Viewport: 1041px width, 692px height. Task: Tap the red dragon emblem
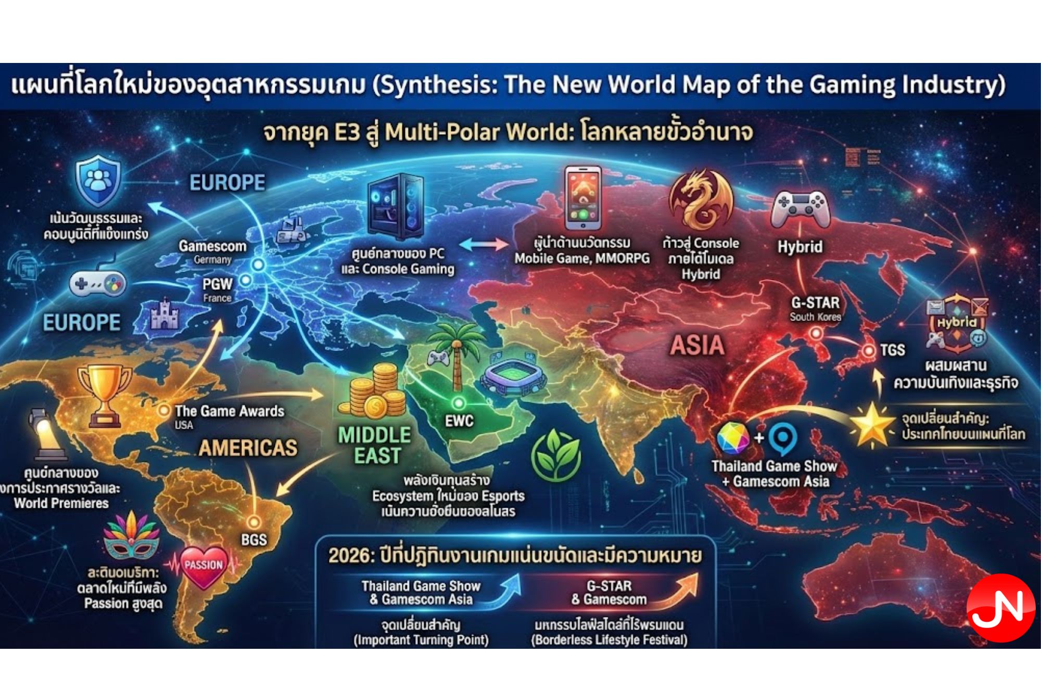click(x=701, y=201)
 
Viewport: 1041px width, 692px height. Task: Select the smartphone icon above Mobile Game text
click(x=583, y=198)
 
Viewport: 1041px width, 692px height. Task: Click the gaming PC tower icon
click(x=396, y=206)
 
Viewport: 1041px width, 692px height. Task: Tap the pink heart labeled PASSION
click(x=204, y=567)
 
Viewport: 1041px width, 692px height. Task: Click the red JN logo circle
click(x=1000, y=607)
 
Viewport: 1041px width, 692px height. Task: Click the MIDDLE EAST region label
click(x=375, y=445)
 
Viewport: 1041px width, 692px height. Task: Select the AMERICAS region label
click(x=248, y=448)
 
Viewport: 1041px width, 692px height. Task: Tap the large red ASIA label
click(x=697, y=345)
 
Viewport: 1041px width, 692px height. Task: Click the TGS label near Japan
click(x=892, y=350)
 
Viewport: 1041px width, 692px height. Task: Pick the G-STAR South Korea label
click(x=815, y=309)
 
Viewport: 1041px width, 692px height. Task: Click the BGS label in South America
click(x=253, y=540)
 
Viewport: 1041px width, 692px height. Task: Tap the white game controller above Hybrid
click(x=800, y=209)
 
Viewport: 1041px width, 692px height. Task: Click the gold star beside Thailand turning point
click(x=871, y=426)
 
